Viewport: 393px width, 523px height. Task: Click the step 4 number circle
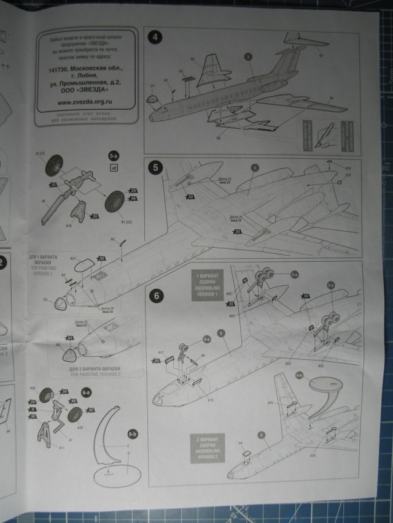point(155,37)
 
